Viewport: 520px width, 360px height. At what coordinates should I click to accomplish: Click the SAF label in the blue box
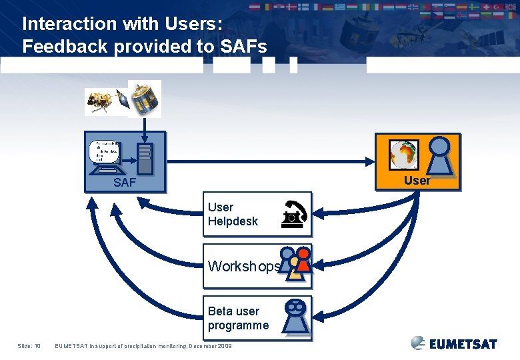point(125,182)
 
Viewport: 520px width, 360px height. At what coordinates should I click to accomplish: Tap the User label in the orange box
point(417,180)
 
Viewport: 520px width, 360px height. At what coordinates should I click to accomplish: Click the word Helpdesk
point(233,221)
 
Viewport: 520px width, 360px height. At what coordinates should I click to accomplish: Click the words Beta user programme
point(238,318)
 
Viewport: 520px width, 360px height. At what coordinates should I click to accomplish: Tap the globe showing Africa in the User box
point(403,155)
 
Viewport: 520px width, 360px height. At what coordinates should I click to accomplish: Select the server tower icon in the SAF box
point(145,159)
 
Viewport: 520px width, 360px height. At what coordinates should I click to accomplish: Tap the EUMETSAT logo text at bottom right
point(463,345)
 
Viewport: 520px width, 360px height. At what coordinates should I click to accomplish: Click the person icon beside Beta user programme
point(295,315)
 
